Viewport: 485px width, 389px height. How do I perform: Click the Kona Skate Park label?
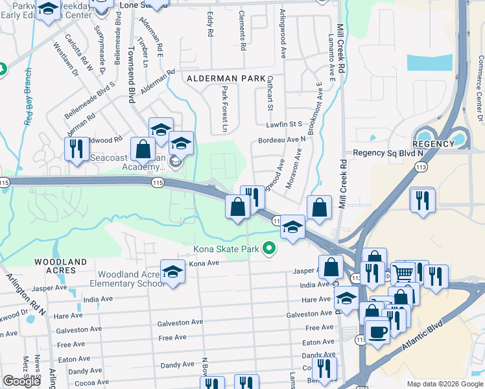click(226, 249)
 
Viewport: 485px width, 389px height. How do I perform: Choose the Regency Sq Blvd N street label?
click(388, 153)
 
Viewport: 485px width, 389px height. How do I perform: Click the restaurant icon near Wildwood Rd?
click(77, 148)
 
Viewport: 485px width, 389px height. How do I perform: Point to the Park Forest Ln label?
click(224, 110)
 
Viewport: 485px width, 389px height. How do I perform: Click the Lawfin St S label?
click(287, 124)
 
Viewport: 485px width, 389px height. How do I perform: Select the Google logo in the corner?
click(21, 381)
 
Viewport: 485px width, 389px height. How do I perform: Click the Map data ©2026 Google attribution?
click(445, 384)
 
